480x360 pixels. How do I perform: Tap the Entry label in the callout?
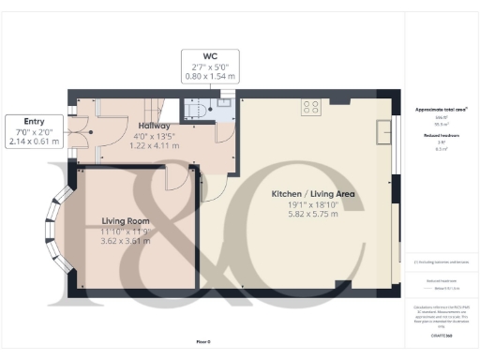(33, 122)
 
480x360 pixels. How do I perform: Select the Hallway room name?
(153, 125)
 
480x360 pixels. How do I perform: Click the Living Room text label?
(126, 221)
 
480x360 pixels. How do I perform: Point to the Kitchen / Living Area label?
(313, 194)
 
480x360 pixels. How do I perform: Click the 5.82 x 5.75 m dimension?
(313, 215)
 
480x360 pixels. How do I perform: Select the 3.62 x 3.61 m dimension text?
(126, 242)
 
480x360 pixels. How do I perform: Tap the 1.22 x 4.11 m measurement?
(153, 145)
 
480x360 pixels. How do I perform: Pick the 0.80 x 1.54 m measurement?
(210, 77)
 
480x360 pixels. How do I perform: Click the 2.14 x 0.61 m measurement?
(33, 142)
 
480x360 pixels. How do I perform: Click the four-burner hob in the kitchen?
(310, 107)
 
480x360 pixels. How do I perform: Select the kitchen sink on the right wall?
(382, 133)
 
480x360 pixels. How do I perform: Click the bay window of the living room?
(54, 227)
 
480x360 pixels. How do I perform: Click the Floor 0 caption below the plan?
(202, 341)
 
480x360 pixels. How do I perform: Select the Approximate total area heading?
(441, 109)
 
